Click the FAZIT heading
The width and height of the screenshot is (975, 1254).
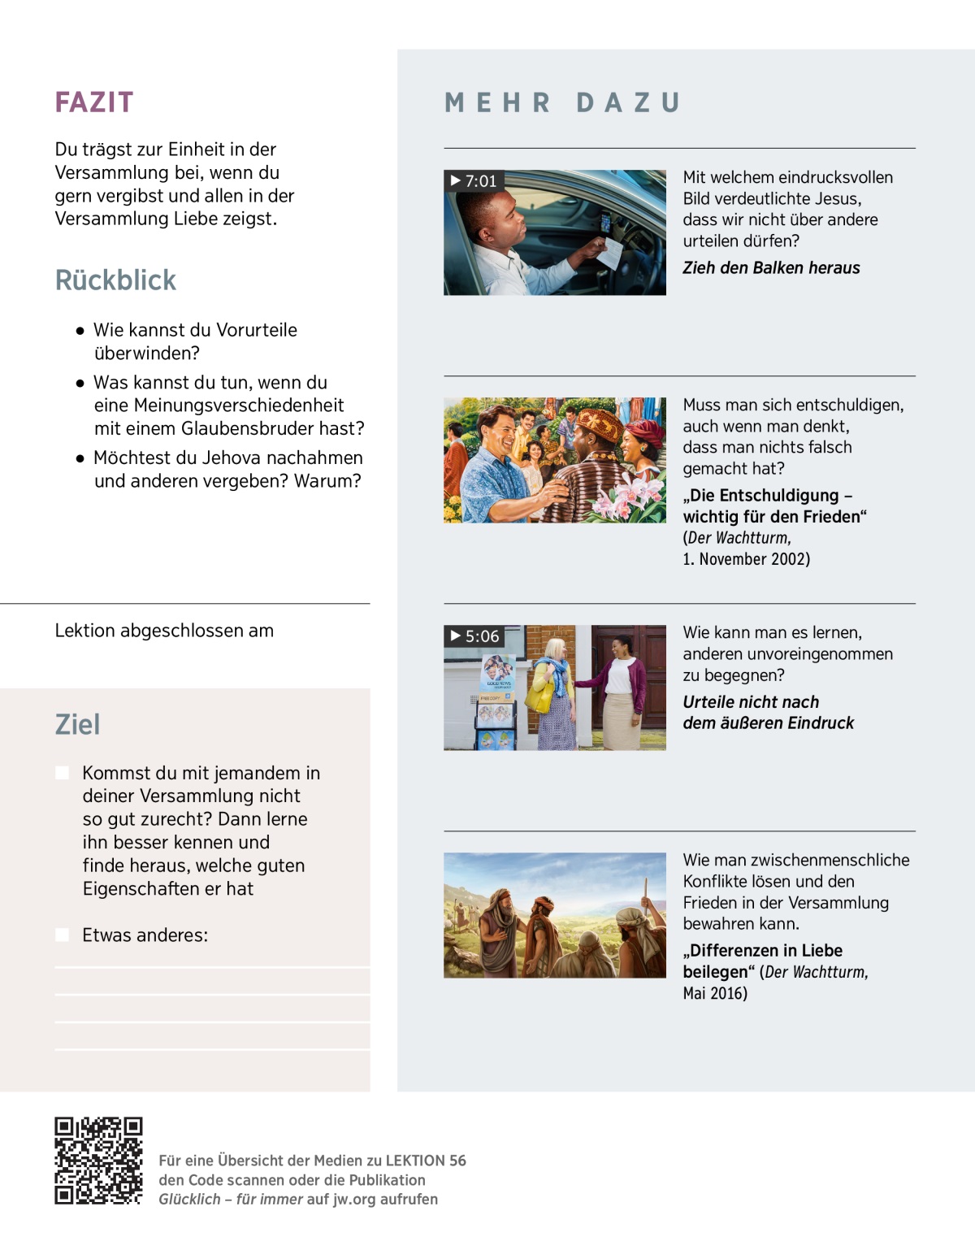point(93,102)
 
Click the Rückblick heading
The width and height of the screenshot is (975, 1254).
point(115,280)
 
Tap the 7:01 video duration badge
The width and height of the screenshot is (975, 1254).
point(474,180)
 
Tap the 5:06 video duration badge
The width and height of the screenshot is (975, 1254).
point(474,636)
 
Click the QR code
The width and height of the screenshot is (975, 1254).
point(98,1161)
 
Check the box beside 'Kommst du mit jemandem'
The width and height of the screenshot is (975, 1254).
point(62,772)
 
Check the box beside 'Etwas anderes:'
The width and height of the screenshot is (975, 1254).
point(62,935)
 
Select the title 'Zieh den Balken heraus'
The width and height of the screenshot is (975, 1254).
point(770,268)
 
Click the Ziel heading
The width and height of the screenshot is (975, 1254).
point(77,724)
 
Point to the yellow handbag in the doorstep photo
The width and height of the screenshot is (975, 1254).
point(539,698)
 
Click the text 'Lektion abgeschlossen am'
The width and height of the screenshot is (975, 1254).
point(164,631)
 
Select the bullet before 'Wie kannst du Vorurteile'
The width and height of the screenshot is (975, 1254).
point(80,331)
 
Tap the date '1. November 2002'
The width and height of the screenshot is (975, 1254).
point(746,559)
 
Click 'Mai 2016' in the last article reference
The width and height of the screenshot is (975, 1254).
point(714,993)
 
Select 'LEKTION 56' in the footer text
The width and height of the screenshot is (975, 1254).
point(425,1161)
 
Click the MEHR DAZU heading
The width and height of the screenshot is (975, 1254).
point(562,103)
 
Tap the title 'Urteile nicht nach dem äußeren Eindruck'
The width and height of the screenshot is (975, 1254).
point(768,713)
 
